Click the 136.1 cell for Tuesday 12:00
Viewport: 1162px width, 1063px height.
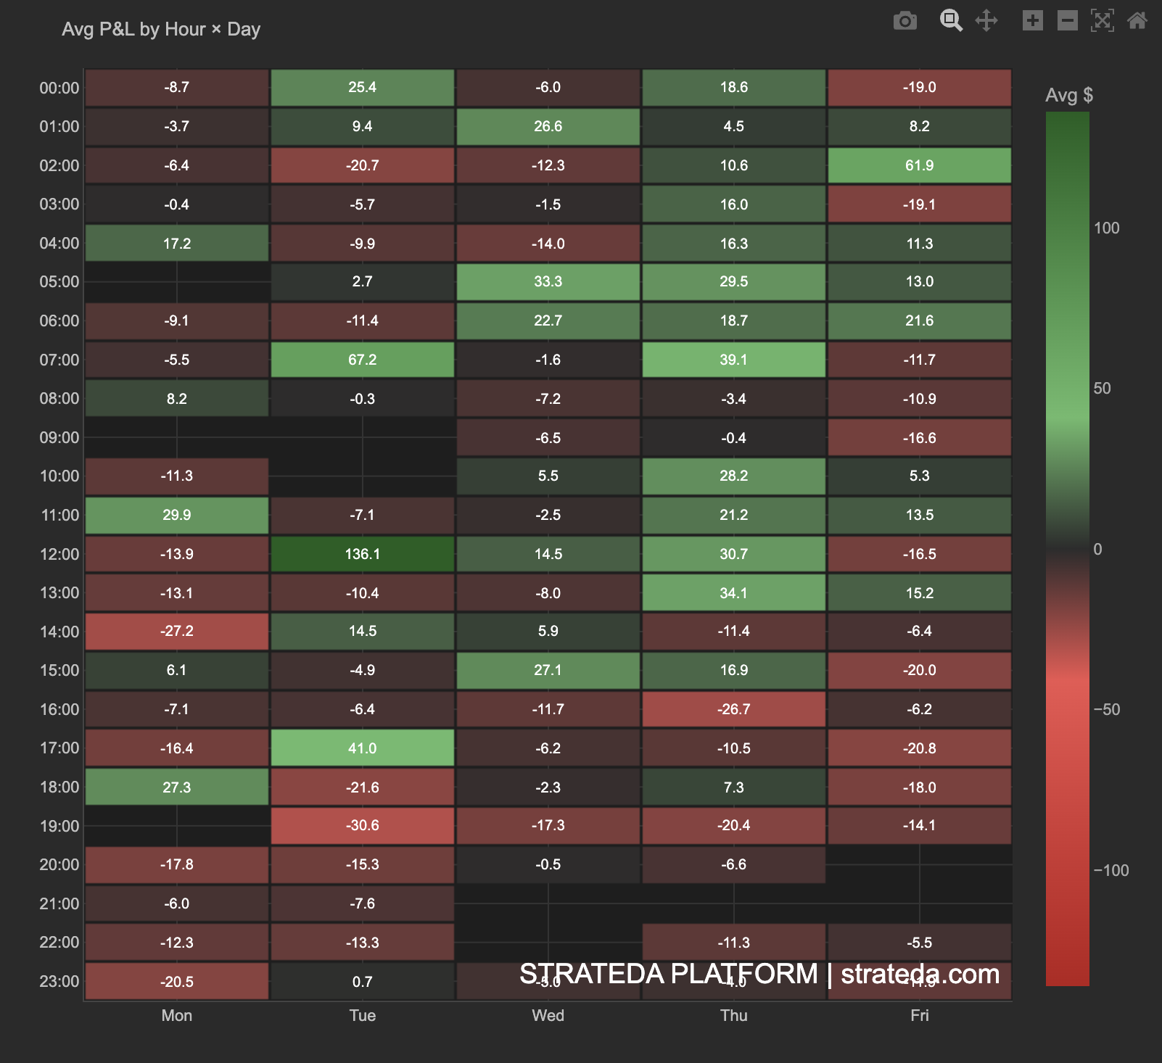point(362,554)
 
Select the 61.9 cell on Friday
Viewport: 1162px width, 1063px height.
point(919,165)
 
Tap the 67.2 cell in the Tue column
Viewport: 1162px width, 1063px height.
point(362,360)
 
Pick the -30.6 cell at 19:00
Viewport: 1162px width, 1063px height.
point(362,825)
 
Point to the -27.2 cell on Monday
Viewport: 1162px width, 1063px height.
point(177,631)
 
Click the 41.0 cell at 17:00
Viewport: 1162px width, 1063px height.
point(362,748)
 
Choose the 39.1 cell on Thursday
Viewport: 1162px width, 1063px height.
point(733,360)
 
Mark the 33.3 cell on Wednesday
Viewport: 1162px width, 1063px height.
point(548,281)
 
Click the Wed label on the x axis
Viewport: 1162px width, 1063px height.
point(548,1015)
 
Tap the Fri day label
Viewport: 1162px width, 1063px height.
point(919,1015)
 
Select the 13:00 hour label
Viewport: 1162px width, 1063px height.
point(59,593)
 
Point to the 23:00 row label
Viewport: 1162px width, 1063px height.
point(59,982)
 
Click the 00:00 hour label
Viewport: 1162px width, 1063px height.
point(59,88)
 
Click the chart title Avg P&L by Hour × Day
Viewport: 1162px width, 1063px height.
point(161,29)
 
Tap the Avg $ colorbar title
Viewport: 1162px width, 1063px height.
point(1068,95)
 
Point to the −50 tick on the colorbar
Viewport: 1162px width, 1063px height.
point(1107,709)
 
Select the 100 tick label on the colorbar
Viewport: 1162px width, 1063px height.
point(1106,228)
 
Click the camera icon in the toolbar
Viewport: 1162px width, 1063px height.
point(905,20)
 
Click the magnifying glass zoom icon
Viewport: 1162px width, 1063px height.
point(951,20)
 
